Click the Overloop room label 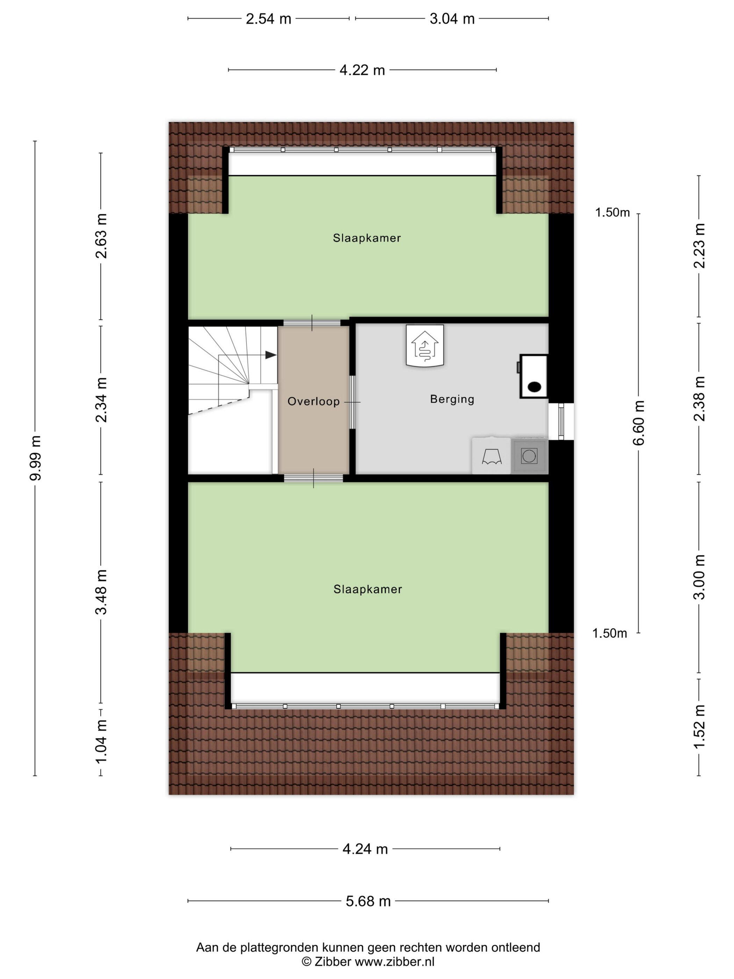[313, 401]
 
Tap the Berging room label [452, 399]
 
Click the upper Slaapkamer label [367, 238]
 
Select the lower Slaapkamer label [368, 589]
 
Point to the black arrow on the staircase [270, 355]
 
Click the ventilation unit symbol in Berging [425, 346]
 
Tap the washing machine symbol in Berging [529, 456]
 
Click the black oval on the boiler [534, 386]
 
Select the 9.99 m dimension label [36, 458]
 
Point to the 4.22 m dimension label [362, 70]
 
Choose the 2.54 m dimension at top [268, 19]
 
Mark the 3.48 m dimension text [101, 592]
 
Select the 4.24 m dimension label [365, 849]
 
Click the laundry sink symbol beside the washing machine [491, 456]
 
